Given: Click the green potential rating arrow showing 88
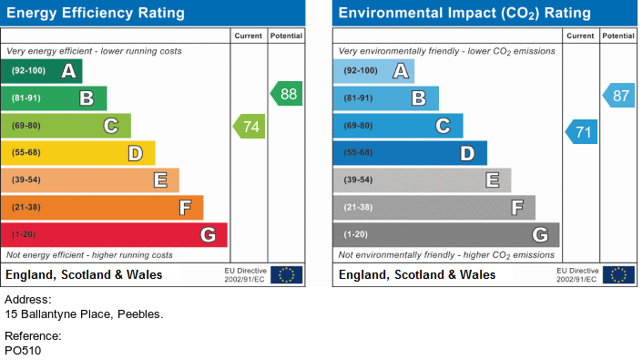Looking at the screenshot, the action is click(x=286, y=94).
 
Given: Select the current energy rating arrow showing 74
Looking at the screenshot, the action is click(x=249, y=127).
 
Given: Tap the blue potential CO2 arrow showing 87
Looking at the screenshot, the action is click(x=618, y=96).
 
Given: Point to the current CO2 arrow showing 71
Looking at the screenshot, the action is click(x=581, y=132).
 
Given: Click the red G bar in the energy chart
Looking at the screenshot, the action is click(x=114, y=235).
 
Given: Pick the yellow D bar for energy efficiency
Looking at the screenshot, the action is click(x=78, y=153).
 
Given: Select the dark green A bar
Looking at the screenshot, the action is click(x=41, y=71).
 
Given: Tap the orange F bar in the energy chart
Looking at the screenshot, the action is click(x=102, y=207).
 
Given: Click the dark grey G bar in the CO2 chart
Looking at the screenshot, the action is click(x=446, y=235).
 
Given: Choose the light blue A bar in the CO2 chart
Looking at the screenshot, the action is click(x=373, y=71).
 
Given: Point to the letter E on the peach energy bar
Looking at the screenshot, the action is click(x=160, y=180).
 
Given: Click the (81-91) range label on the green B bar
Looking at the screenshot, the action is click(x=26, y=98).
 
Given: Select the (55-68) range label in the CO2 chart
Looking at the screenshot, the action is click(x=359, y=153).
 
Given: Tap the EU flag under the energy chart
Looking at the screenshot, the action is click(x=287, y=274).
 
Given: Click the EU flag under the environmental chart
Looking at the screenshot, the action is click(x=618, y=274).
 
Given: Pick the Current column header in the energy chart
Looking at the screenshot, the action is click(x=248, y=36).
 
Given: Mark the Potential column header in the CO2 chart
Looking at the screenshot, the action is click(x=618, y=36).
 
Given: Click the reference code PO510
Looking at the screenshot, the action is click(x=23, y=351).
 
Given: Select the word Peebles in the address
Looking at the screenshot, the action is click(x=140, y=314).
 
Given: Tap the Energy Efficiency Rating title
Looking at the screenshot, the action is click(x=96, y=13).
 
